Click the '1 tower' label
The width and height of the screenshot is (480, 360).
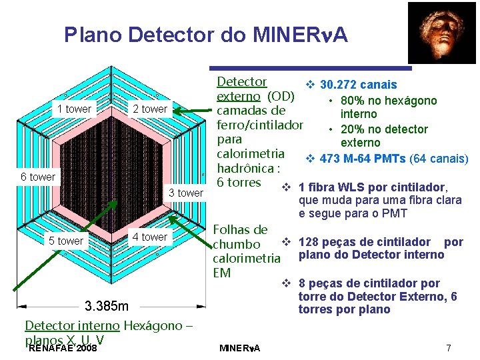pyautogui.click(x=74, y=109)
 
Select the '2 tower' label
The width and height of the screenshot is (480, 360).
pyautogui.click(x=150, y=109)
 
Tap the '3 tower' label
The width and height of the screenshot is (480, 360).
pyautogui.click(x=186, y=193)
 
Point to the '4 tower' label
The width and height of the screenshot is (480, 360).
pyautogui.click(x=150, y=237)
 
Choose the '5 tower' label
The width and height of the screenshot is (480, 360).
pyautogui.click(x=66, y=241)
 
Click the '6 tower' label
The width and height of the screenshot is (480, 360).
pyautogui.click(x=38, y=177)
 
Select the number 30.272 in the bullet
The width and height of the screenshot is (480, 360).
pyautogui.click(x=341, y=85)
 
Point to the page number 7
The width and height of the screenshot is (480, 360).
pyautogui.click(x=449, y=348)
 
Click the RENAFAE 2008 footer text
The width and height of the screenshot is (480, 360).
pyautogui.click(x=64, y=348)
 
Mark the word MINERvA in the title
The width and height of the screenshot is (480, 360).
pyautogui.click(x=298, y=35)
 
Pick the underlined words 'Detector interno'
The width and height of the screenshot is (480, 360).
pyautogui.click(x=70, y=325)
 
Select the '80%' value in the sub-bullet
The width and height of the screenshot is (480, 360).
pyautogui.click(x=351, y=101)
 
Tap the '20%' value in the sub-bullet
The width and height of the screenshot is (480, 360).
pyautogui.click(x=351, y=129)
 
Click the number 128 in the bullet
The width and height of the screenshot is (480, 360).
pyautogui.click(x=309, y=242)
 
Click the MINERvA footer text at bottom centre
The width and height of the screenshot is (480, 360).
pyautogui.click(x=241, y=349)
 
